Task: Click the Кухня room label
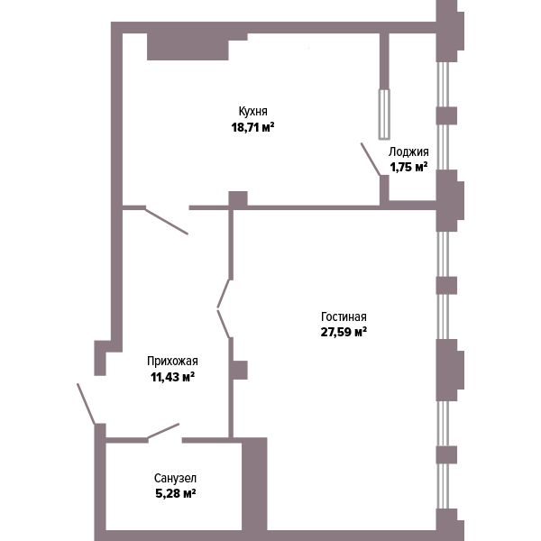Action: pyautogui.click(x=252, y=111)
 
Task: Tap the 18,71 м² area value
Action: pyautogui.click(x=252, y=127)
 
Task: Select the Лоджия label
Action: pyautogui.click(x=408, y=151)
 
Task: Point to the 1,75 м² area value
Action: pyautogui.click(x=408, y=167)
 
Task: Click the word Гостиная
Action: pyautogui.click(x=344, y=316)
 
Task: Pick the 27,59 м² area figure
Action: pyautogui.click(x=344, y=332)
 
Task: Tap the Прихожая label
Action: pyautogui.click(x=172, y=362)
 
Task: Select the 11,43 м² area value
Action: pyautogui.click(x=172, y=377)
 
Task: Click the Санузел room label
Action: pyautogui.click(x=175, y=478)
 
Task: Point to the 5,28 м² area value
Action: pyautogui.click(x=176, y=493)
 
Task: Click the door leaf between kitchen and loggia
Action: pyautogui.click(x=371, y=160)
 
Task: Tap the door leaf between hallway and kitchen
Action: pyautogui.click(x=167, y=221)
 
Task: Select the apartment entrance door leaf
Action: pyautogui.click(x=87, y=404)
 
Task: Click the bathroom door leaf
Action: pyautogui.click(x=163, y=431)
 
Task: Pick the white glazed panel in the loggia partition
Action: pyautogui.click(x=384, y=115)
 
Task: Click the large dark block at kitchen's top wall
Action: pyautogui.click(x=188, y=47)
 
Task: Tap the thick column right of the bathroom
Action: pyautogui.click(x=254, y=485)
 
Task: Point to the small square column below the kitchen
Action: pyautogui.click(x=238, y=199)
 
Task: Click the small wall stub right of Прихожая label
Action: pyautogui.click(x=240, y=371)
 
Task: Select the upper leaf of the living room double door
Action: pyautogui.click(x=224, y=293)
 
